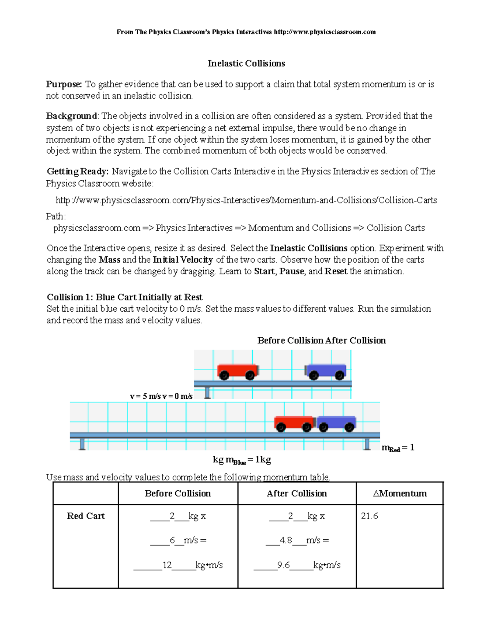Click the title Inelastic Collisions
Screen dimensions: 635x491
(246, 63)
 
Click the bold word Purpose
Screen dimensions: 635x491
(64, 84)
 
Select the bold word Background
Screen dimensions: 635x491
(71, 116)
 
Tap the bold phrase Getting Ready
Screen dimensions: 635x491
(77, 171)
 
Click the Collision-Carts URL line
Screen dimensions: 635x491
(246, 200)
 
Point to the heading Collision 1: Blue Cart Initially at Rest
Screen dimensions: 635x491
(124, 297)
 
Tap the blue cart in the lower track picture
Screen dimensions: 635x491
(336, 423)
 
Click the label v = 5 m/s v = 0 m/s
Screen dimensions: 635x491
(161, 396)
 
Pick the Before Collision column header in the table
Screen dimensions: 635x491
(178, 494)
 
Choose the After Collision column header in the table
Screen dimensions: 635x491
(297, 494)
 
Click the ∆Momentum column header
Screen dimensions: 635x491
(400, 494)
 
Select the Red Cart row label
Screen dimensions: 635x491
(86, 516)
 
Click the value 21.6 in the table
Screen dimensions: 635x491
(369, 516)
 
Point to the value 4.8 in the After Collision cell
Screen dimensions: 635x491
(286, 541)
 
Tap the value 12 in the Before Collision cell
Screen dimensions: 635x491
(167, 565)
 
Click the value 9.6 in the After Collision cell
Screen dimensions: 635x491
(283, 565)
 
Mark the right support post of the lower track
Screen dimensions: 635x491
(367, 444)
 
